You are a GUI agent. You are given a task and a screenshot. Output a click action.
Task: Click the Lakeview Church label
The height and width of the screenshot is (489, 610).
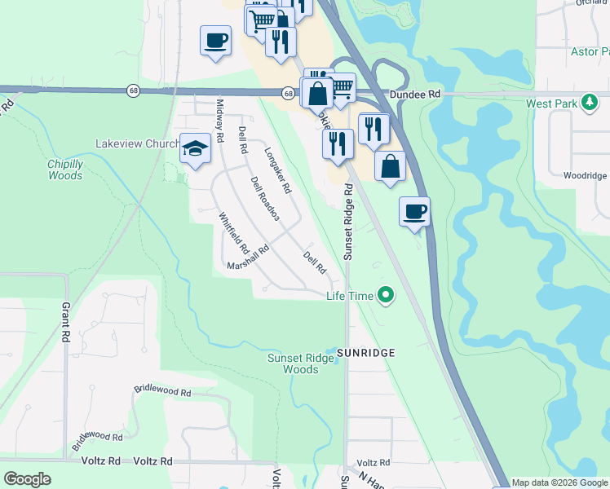pyautogui.click(x=137, y=143)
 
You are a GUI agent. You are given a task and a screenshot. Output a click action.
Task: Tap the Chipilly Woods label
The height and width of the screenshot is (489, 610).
pyautogui.click(x=65, y=170)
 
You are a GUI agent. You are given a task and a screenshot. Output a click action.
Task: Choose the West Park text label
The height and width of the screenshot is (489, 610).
pyautogui.click(x=552, y=104)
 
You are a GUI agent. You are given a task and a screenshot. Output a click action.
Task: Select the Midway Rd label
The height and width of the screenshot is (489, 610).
pyautogui.click(x=219, y=116)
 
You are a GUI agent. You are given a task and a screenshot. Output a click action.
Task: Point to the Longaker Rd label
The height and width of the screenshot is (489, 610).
pyautogui.click(x=278, y=170)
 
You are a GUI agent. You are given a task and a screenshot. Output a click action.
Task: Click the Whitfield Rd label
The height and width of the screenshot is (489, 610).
pyautogui.click(x=233, y=234)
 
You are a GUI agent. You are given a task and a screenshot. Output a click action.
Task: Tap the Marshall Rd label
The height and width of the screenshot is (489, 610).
pyautogui.click(x=248, y=260)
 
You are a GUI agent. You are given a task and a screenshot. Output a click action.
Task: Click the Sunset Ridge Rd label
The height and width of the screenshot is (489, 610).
pyautogui.click(x=348, y=222)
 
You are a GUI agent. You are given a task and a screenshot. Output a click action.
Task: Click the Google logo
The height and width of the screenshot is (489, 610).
pyautogui.click(x=27, y=479)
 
